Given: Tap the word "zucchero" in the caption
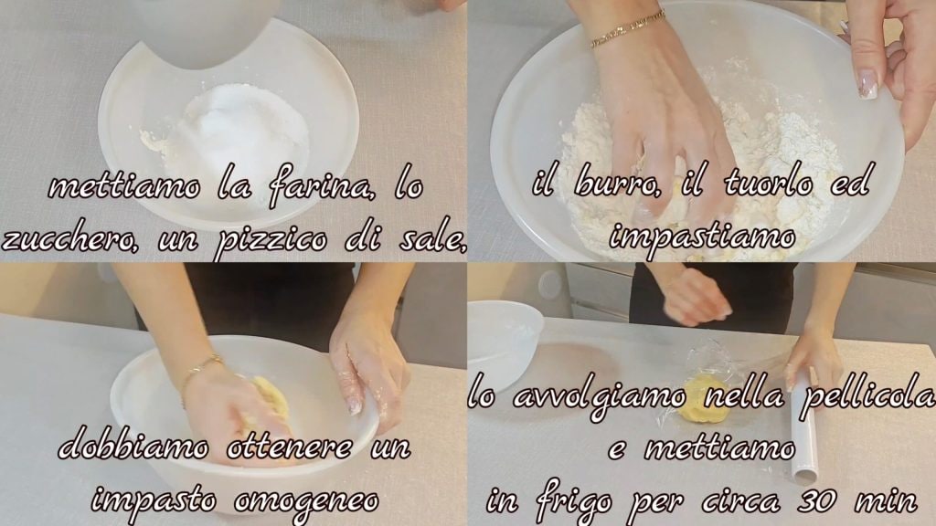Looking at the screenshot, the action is point(69,240).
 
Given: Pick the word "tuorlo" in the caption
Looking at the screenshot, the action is point(768,183).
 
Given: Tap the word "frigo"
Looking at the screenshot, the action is point(573,501).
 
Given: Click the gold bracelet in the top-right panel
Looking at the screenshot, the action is point(627,28).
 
